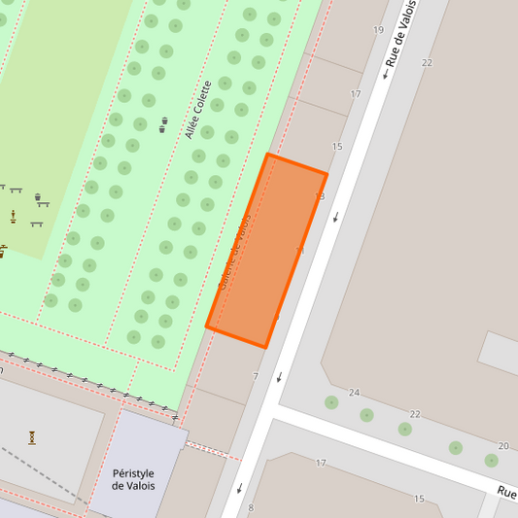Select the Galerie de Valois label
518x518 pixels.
click(236, 252)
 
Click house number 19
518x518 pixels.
click(378, 30)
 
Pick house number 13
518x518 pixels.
click(320, 196)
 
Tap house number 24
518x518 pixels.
click(354, 393)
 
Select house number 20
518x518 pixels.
click(503, 446)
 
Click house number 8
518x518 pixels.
click(251, 507)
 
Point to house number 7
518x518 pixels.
click(256, 376)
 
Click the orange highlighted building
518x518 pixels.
click(266, 250)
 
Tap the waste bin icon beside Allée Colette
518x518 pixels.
click(163, 123)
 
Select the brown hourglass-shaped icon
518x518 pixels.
click(32, 436)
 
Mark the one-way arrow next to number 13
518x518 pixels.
click(336, 216)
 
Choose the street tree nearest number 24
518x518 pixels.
click(331, 402)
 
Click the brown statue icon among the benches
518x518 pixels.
click(13, 216)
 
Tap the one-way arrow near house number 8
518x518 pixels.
click(239, 488)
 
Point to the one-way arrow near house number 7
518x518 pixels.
click(279, 376)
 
